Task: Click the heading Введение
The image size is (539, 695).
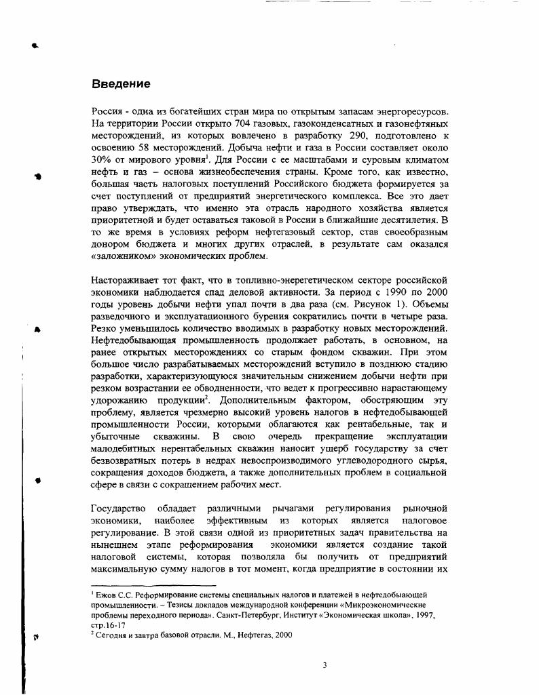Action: (121, 84)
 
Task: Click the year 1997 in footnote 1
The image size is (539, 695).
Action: (422, 614)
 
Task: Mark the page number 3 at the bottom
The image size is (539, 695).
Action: (324, 665)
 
